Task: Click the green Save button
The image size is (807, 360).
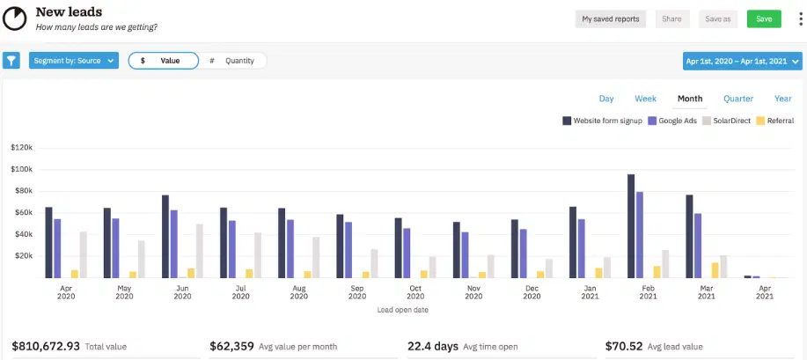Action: pyautogui.click(x=764, y=18)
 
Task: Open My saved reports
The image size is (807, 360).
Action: pyautogui.click(x=611, y=18)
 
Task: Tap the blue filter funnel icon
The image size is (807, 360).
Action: pyautogui.click(x=11, y=61)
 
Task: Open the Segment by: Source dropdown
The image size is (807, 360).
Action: pyautogui.click(x=74, y=61)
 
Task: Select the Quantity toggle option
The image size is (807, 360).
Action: pyautogui.click(x=232, y=61)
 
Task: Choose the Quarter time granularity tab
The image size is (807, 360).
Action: pyautogui.click(x=738, y=99)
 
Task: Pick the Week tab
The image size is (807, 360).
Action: pyautogui.click(x=646, y=99)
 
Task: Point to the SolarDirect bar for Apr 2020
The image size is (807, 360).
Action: pyautogui.click(x=84, y=254)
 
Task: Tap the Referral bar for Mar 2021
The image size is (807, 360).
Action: pyautogui.click(x=715, y=270)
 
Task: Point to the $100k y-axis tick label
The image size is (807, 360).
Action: pyautogui.click(x=22, y=169)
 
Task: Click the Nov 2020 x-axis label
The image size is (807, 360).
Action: pyautogui.click(x=473, y=292)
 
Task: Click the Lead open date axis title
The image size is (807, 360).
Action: pyautogui.click(x=403, y=310)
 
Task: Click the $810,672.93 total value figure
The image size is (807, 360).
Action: pyautogui.click(x=47, y=346)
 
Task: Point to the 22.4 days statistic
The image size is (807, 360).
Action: pyautogui.click(x=432, y=346)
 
